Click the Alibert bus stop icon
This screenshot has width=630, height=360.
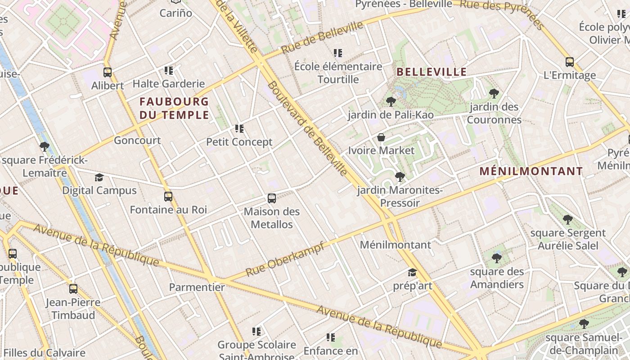(x=108, y=72)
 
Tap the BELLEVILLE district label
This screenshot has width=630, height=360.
(x=432, y=72)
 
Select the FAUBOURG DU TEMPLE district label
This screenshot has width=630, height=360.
(x=174, y=108)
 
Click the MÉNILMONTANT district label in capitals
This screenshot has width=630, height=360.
(x=531, y=171)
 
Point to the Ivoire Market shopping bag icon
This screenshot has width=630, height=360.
(x=381, y=137)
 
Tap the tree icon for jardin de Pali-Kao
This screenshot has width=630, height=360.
(x=391, y=101)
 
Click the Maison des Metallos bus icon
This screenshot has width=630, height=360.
(x=271, y=198)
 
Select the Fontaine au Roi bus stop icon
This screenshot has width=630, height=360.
(x=168, y=196)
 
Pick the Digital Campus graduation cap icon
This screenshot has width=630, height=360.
(x=99, y=177)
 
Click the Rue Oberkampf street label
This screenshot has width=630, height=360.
(x=285, y=260)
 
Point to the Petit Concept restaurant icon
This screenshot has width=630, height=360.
(x=239, y=129)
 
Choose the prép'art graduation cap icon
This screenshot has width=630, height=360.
(x=412, y=272)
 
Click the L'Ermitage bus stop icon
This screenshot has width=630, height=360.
(x=570, y=62)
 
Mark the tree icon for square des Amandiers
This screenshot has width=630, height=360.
(x=497, y=258)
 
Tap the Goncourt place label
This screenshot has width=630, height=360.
(x=137, y=140)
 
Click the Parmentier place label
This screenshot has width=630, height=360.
(x=197, y=287)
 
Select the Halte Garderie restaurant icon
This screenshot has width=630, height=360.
(x=169, y=70)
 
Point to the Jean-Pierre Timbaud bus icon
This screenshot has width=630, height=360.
(x=73, y=288)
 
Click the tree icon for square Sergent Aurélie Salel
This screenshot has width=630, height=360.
(x=568, y=220)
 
